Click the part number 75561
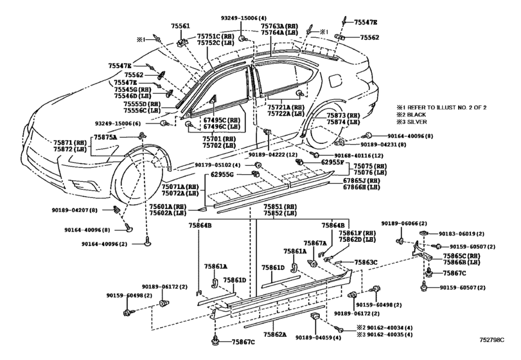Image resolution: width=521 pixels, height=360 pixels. coord(181,26)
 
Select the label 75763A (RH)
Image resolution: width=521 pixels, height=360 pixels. coord(279,26)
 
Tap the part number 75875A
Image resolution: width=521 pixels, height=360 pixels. coord(105,137)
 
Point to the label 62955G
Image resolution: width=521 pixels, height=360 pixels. coord(222,174)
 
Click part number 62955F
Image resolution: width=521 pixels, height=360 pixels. coord(333,163)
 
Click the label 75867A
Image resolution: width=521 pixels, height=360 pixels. coord(315,243)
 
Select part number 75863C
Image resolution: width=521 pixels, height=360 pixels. coord(366,262)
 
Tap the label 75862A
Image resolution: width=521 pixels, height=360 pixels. coord(275,334)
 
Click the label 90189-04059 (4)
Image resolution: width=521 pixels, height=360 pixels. coord(318,337)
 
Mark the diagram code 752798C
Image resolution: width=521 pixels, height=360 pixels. coord(491,339)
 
